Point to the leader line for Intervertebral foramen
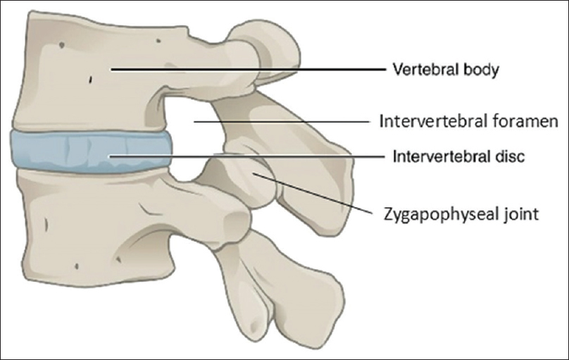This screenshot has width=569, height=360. pos(282,120)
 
